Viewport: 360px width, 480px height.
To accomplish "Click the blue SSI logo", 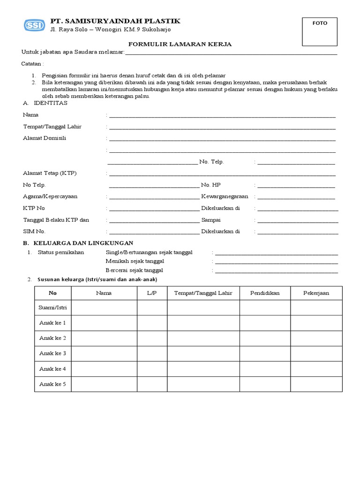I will (35, 25).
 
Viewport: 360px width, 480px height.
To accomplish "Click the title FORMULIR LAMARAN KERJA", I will (180, 44).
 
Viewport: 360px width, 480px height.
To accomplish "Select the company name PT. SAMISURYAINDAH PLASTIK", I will (115, 21).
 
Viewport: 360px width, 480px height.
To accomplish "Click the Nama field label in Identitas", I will (30, 115).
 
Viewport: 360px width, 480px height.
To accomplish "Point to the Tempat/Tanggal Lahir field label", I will (52, 127).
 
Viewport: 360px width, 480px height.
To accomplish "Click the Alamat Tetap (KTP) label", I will (50, 173).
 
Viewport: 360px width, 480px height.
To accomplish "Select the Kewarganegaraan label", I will (225, 196).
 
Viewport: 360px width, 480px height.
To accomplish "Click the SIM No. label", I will (34, 231).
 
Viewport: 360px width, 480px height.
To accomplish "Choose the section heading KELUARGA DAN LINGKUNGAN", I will (82, 243).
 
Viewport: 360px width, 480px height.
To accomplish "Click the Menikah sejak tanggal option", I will (135, 261).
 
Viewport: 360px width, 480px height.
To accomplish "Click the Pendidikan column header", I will (265, 293).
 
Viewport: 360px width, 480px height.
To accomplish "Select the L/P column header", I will (152, 293).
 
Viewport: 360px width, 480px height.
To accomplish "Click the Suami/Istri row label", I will (52, 308).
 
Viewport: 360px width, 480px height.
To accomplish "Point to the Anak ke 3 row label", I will (52, 353).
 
